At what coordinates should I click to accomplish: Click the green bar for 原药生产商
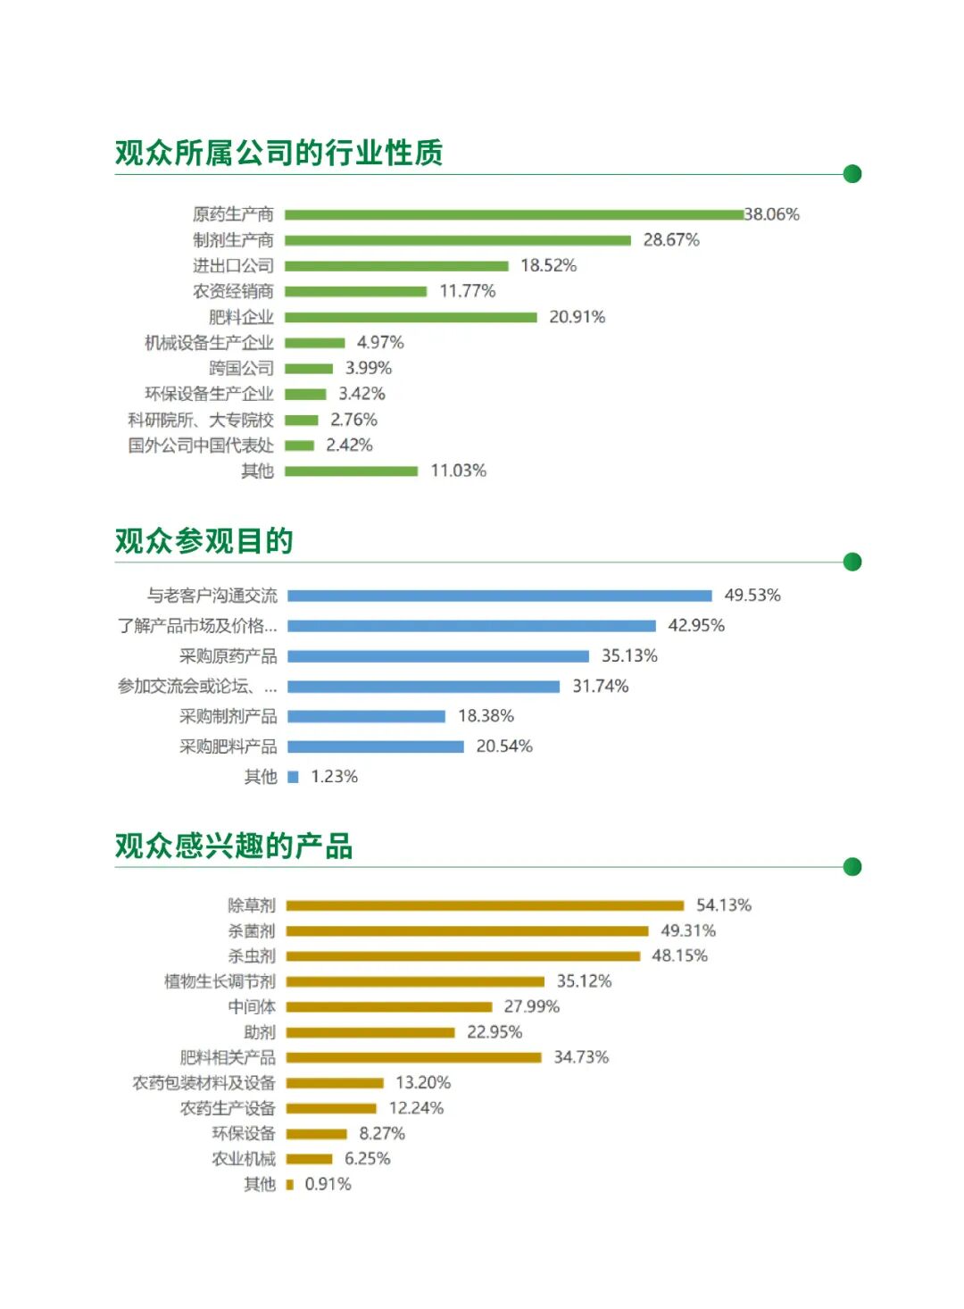tap(514, 214)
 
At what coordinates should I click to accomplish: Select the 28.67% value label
tap(671, 240)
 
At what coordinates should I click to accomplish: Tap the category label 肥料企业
tap(241, 317)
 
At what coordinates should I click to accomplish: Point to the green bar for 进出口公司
tap(396, 266)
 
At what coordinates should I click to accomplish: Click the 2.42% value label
tap(349, 446)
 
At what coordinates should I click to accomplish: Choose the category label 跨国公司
tap(241, 369)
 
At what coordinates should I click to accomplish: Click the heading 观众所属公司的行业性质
tap(278, 153)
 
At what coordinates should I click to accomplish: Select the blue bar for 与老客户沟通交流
tap(500, 596)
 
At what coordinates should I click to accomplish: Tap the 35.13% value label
tap(629, 656)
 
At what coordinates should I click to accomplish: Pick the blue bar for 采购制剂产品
tap(366, 716)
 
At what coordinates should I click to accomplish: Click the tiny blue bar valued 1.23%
tap(293, 777)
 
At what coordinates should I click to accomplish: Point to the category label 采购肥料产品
tap(228, 746)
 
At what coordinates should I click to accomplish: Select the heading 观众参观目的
tap(204, 541)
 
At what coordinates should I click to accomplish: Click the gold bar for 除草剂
tap(485, 905)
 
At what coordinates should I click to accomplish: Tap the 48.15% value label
tap(679, 956)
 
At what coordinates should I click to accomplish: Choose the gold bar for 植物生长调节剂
tap(415, 981)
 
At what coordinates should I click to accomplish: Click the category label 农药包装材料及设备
tap(204, 1083)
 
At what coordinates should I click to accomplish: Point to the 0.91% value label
tap(328, 1185)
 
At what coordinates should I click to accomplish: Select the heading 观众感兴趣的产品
tap(234, 846)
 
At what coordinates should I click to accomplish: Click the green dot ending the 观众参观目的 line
tap(852, 562)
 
